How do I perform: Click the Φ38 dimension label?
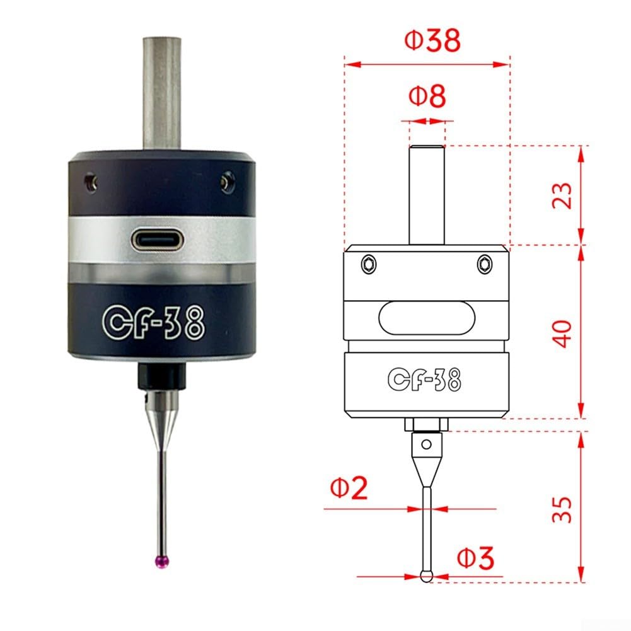(432, 40)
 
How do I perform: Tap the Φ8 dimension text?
(427, 96)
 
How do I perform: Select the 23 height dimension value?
(562, 195)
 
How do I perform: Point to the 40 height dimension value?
(562, 333)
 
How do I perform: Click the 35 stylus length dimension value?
(562, 510)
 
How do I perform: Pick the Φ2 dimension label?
(349, 487)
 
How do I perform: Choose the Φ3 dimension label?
(475, 558)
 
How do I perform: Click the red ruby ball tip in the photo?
(162, 562)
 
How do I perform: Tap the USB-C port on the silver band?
(157, 241)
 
